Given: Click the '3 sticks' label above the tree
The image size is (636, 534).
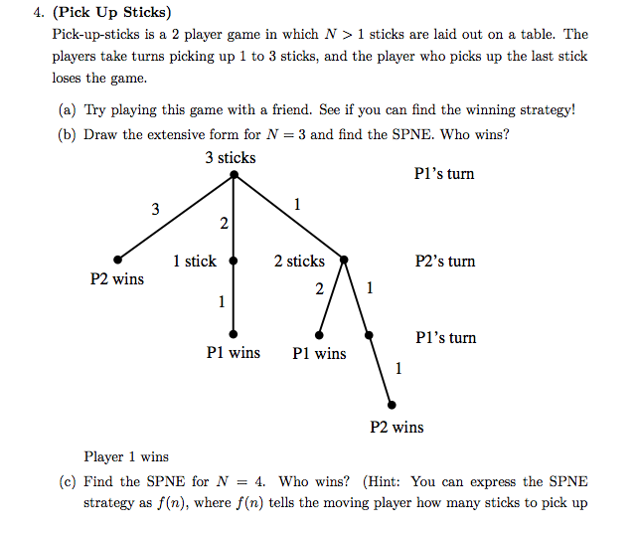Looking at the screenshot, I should (231, 157).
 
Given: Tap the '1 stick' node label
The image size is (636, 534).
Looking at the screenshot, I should (194, 261).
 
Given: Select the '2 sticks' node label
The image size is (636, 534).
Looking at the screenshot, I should (299, 261).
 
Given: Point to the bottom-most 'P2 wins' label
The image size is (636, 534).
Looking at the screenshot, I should (397, 427).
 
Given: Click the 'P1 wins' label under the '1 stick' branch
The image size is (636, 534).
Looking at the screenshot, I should (234, 352).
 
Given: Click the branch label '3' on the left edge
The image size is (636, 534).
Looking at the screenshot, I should (154, 209).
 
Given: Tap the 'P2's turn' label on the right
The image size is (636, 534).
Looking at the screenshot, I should (445, 262).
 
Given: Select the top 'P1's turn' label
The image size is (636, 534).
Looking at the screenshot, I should (444, 174).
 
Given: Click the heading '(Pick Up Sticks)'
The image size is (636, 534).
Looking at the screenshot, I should (111, 13).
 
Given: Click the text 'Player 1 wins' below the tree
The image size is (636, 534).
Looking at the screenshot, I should (126, 456).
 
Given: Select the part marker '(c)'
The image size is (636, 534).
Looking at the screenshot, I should (69, 481).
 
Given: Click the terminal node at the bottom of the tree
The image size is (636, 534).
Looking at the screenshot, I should (392, 405).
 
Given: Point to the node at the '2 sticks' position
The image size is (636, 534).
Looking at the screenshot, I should (343, 261).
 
